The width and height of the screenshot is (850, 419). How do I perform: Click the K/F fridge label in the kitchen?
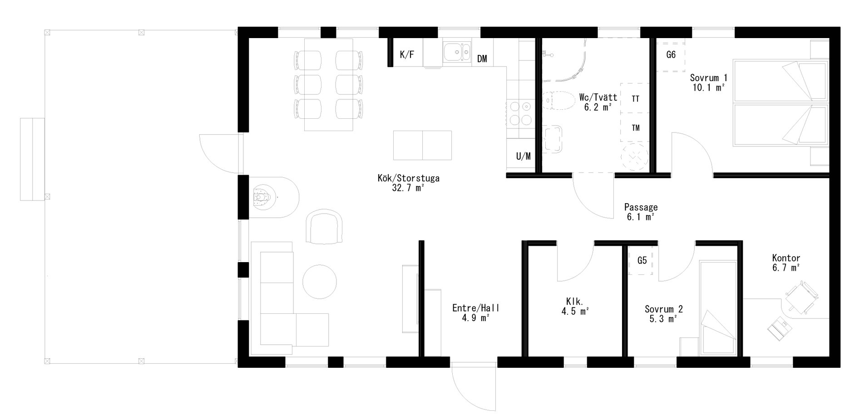coord(407,55)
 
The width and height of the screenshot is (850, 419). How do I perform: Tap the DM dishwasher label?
coord(482,58)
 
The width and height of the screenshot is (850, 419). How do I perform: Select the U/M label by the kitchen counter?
coord(523,156)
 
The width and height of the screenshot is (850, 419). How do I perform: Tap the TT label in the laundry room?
coord(636,98)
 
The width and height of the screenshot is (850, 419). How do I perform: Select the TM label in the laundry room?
coord(636,128)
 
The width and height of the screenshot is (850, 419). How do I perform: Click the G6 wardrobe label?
coord(671,55)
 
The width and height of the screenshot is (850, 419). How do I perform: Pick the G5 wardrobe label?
coord(642,260)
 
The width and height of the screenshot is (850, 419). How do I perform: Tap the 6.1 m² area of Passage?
coord(640,217)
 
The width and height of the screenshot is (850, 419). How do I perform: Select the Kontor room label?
coord(786,258)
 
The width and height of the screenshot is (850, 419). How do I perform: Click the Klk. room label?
coord(575,301)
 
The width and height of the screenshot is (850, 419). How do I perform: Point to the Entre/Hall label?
coord(476,308)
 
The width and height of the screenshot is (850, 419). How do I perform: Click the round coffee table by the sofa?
coord(320,281)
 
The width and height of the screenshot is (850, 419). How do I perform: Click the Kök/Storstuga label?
coord(408,178)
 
